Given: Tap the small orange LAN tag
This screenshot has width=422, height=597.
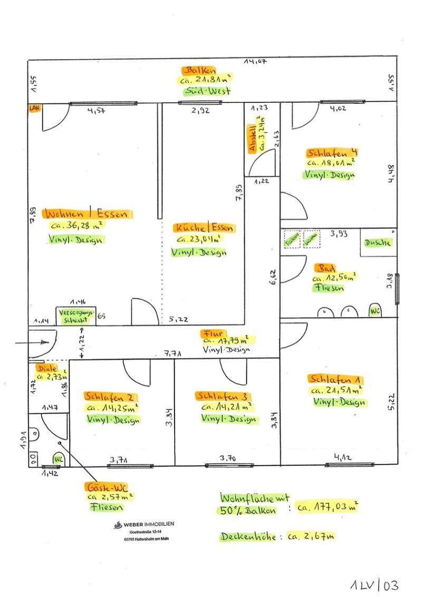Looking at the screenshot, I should (x=35, y=108).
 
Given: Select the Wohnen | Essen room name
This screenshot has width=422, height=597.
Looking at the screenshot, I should (x=89, y=214).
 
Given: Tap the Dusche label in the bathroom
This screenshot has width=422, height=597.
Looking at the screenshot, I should (x=378, y=243).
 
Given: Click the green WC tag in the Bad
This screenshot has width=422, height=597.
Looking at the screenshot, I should (x=375, y=311).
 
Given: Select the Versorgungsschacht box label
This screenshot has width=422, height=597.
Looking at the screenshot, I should (x=76, y=315).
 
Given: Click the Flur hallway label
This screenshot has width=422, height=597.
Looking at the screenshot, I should (x=213, y=333).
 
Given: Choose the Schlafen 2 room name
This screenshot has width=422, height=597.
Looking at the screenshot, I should (x=111, y=397).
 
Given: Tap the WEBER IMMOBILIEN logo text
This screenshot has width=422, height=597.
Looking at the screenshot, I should (x=148, y=524).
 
